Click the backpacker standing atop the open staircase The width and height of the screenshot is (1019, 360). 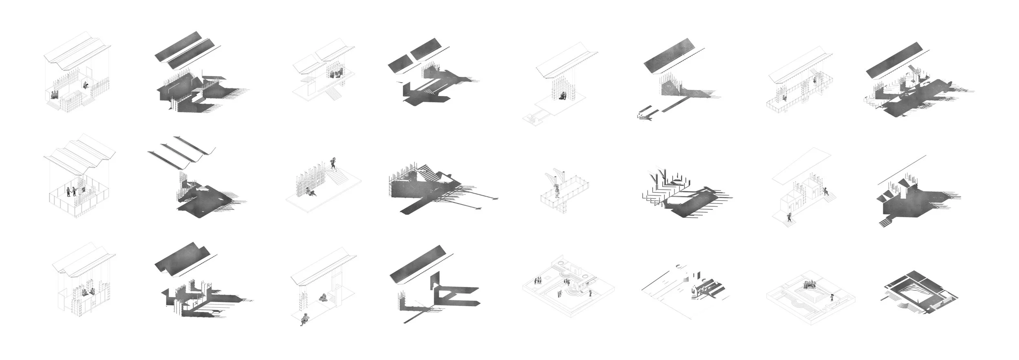[334, 163]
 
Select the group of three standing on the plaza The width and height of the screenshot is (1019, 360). [538, 280]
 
